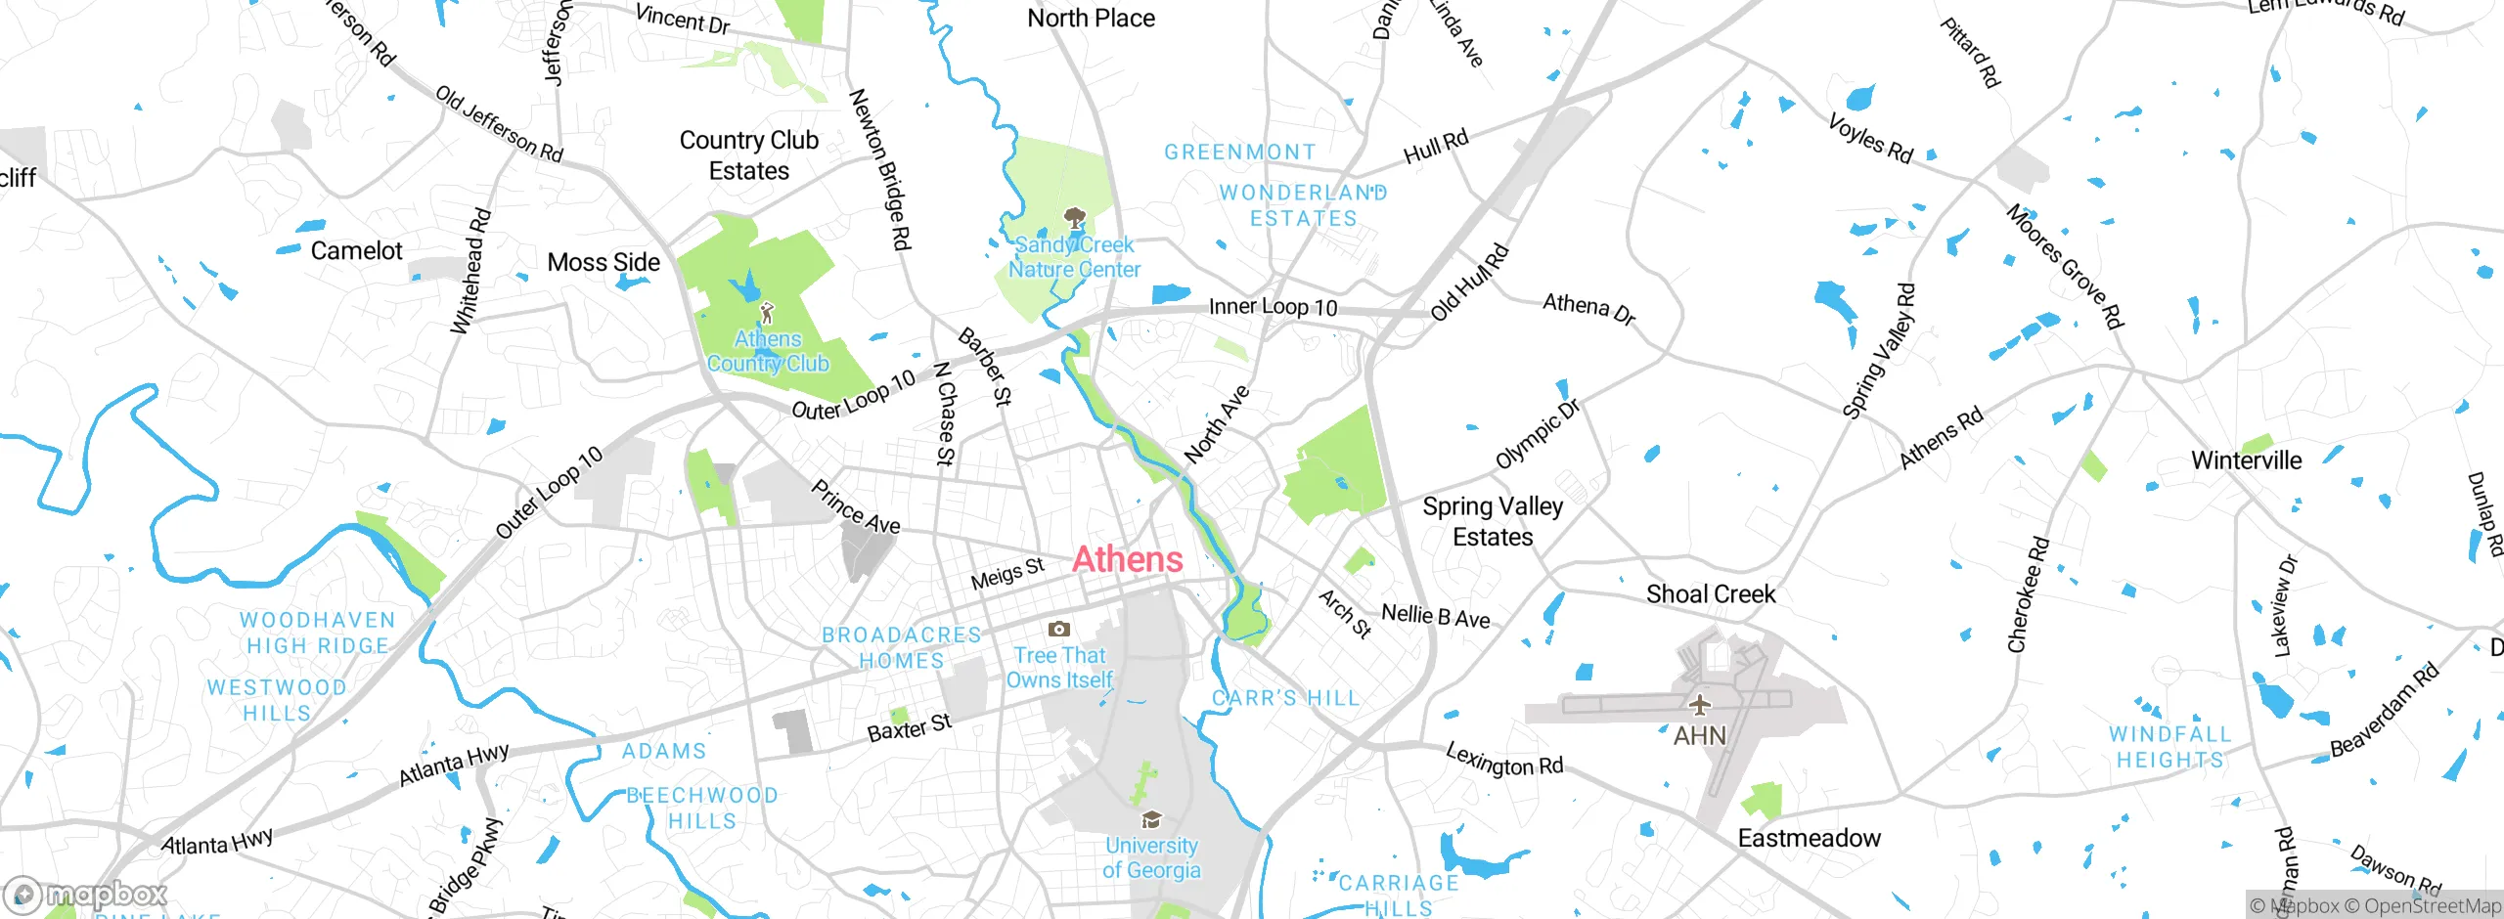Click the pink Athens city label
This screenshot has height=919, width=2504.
coord(1128,559)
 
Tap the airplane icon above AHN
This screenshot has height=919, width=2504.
coord(1700,705)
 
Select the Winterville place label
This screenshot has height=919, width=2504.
coord(2246,460)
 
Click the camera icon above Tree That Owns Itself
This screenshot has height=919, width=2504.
coord(1058,630)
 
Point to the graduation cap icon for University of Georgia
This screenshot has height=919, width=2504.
coord(1151,820)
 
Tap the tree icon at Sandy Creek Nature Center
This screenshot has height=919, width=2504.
coord(1074,217)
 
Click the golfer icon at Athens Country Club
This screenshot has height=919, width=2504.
coord(768,314)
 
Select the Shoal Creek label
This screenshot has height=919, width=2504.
coord(1710,594)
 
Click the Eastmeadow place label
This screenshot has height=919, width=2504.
coord(1809,839)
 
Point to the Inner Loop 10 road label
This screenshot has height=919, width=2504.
coord(1273,307)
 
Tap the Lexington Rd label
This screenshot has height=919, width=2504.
coord(1504,760)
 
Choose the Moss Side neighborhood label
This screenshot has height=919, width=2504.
coord(604,263)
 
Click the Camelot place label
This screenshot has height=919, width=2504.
coord(356,251)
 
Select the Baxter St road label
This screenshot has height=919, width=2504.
coord(909,728)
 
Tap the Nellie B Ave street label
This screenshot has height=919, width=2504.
coord(1435,617)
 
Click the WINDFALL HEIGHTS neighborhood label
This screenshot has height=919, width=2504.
coord(2169,747)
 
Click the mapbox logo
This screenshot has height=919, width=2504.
coord(86,895)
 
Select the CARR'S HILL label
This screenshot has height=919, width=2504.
coord(1285,698)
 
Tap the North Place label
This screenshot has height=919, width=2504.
coord(1091,19)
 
